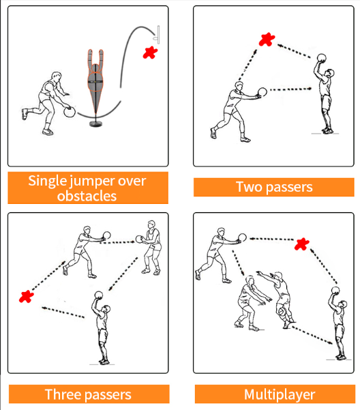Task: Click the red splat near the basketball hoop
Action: [x=150, y=53]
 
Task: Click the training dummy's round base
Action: [x=96, y=123]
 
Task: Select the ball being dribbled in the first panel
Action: [x=70, y=112]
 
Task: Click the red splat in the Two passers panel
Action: [x=267, y=40]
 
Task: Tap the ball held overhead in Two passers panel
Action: [x=322, y=58]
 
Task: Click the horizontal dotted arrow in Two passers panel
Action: [x=290, y=89]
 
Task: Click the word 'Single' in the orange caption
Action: [x=47, y=180]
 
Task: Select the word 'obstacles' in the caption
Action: [x=87, y=196]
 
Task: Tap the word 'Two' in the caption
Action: [x=249, y=187]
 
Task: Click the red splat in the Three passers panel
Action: [x=27, y=297]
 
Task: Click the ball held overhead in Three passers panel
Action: [x=98, y=295]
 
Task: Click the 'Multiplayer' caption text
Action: [x=280, y=395]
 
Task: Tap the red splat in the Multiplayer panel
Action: [x=302, y=244]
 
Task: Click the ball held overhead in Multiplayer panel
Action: [x=335, y=291]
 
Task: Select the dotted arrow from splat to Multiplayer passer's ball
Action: [x=271, y=239]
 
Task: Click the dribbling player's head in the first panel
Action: [x=57, y=76]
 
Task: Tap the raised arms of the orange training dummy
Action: [x=95, y=59]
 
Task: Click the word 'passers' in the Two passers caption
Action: [x=290, y=188]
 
